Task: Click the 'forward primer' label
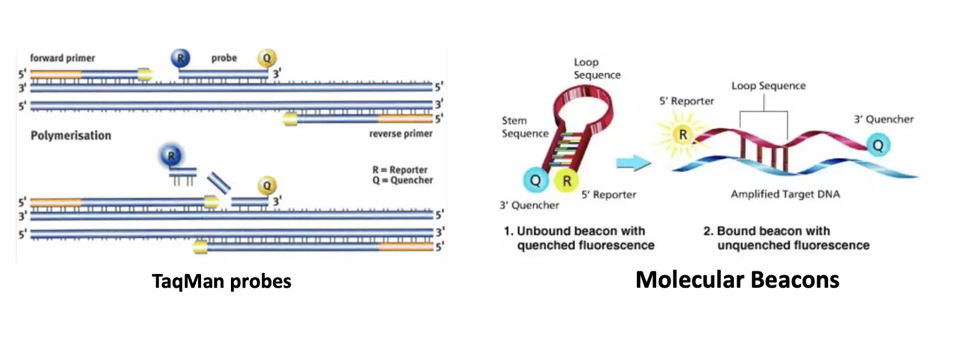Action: point(62,58)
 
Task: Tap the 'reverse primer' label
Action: point(401,134)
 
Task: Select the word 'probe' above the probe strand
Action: point(224,58)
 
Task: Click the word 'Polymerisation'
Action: point(71,135)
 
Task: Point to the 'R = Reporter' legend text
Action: point(400,170)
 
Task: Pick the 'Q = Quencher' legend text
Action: point(403,180)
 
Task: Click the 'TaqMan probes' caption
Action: point(222,281)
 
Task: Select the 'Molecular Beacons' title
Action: point(737,280)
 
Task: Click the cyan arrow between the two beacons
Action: point(633,163)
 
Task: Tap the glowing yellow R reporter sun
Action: point(682,135)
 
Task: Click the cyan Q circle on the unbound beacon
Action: point(535,180)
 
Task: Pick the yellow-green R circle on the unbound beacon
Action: point(566,181)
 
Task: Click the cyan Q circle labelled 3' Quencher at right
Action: point(878,145)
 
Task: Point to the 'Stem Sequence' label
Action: point(525,127)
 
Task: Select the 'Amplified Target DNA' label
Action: point(785,194)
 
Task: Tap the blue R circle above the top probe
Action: point(181,58)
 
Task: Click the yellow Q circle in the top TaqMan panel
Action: point(266,58)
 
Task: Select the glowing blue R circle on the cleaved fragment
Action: point(171,156)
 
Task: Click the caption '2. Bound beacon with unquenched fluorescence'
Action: point(786,238)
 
